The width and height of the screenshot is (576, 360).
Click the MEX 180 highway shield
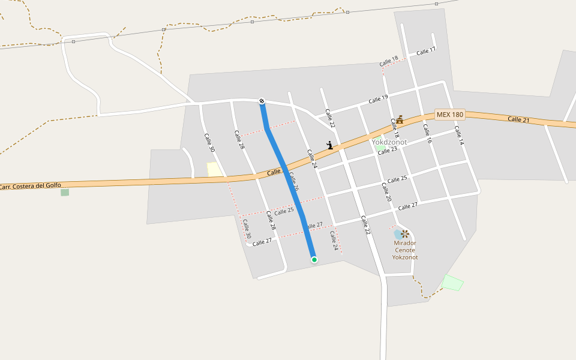pos(450,115)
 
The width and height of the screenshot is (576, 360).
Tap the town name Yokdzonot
pos(389,142)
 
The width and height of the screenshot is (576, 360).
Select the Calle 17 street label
pos(425,52)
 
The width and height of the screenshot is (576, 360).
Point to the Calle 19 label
pos(378,99)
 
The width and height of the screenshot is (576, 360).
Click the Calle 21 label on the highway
pos(518,119)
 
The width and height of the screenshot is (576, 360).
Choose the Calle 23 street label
pos(388,151)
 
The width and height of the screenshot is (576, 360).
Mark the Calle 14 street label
pos(459,135)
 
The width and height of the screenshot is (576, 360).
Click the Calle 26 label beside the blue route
pos(293,182)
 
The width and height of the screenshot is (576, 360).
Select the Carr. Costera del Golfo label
pos(30,187)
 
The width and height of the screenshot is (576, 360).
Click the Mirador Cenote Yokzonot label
pos(405,250)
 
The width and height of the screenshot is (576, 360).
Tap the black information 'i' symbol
pos(329,145)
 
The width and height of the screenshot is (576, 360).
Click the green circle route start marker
pos(314,260)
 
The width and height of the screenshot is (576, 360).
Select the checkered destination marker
pos(262,100)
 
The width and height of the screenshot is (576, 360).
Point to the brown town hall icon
pos(400,119)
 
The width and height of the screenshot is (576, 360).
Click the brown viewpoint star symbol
pos(406,233)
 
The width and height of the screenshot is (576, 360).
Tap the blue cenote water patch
pos(398,233)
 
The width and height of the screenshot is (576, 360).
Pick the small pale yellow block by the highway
pos(214,170)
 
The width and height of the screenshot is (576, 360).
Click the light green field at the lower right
pos(453,283)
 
